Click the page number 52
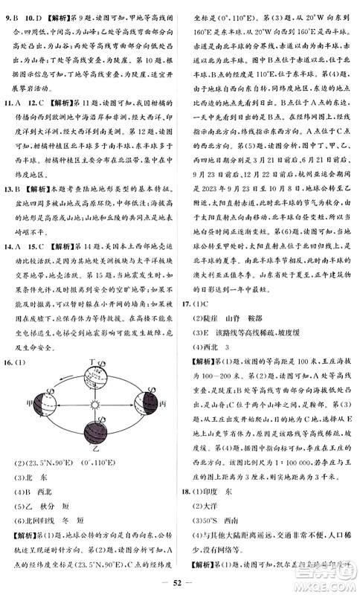click(x=179, y=582)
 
